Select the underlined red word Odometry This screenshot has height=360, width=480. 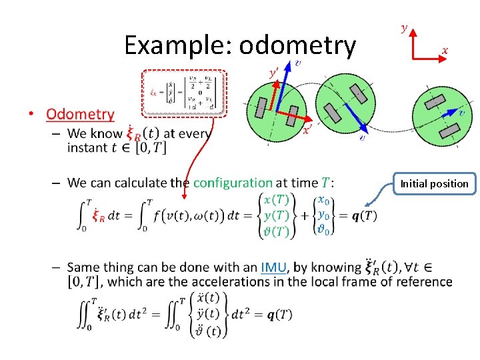80,114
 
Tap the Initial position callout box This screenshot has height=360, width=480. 435,183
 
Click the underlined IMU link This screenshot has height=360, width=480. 274,267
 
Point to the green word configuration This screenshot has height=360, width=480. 233,183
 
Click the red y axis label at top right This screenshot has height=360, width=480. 405,27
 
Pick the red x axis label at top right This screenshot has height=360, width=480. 445,50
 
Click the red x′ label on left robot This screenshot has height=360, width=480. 307,131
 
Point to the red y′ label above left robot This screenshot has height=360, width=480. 273,71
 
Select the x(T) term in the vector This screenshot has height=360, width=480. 276,199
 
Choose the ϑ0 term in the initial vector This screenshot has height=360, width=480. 324,230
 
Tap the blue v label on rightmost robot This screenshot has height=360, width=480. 461,114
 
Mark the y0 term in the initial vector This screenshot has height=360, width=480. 324,215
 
